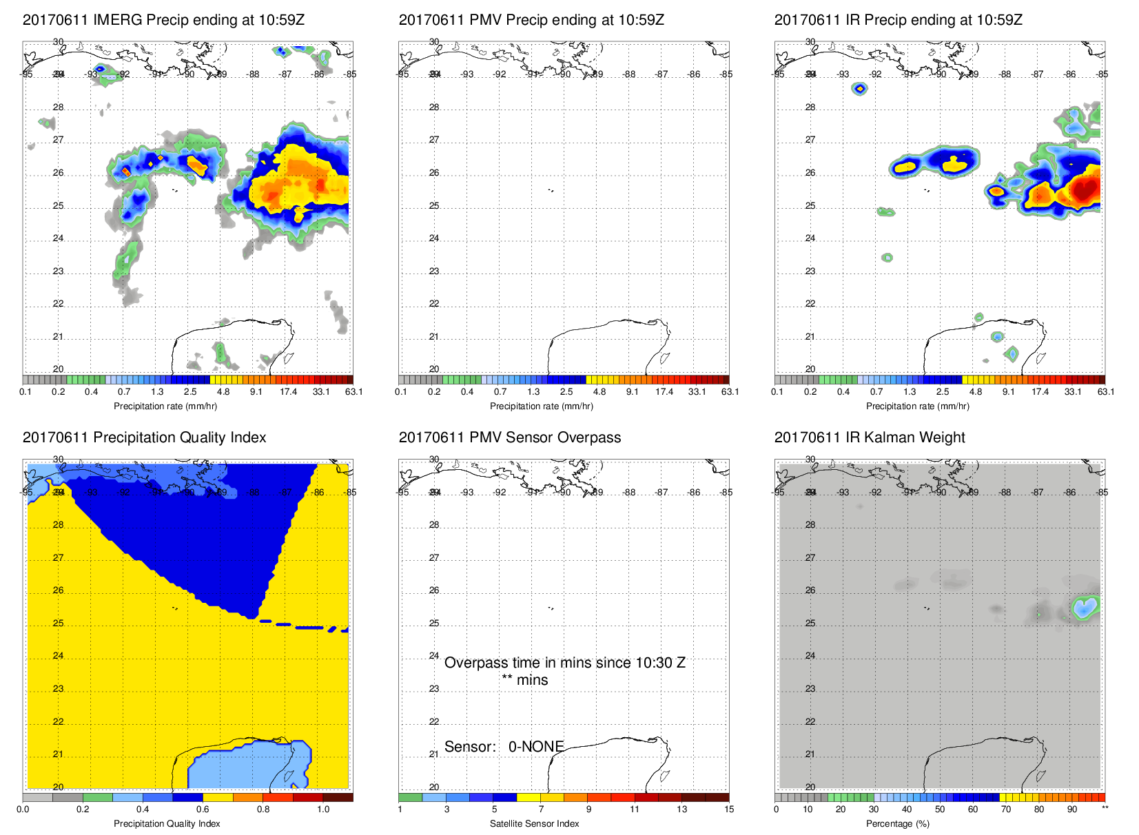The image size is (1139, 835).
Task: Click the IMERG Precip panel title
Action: coord(163,20)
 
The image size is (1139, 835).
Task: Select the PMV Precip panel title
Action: coord(531,20)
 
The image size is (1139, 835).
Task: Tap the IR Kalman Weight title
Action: coord(870,437)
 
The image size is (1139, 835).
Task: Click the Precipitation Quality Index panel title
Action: coord(144,437)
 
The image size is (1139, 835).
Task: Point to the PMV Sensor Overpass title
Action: coord(510,437)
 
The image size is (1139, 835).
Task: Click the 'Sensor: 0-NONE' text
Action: coord(504,747)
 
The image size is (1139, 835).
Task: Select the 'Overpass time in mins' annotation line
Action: coord(564,663)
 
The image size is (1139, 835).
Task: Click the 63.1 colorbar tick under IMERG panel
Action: coord(353,392)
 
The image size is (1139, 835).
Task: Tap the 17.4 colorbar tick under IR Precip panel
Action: coord(1040,392)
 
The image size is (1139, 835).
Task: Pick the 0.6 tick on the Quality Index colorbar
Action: coord(203,810)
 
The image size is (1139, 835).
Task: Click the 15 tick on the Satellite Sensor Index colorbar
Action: coord(729,810)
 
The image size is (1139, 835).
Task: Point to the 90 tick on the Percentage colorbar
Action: coord(1072,810)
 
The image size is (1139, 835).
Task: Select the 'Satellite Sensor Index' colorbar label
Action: coord(535,824)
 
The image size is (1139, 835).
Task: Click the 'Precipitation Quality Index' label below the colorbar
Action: coord(167,824)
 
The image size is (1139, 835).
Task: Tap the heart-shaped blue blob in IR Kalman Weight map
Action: coord(1085,607)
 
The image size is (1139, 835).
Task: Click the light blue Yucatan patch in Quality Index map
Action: coord(248,765)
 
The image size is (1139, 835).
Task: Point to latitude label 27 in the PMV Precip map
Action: coord(434,140)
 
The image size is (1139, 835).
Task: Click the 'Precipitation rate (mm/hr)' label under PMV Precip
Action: coord(542,406)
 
